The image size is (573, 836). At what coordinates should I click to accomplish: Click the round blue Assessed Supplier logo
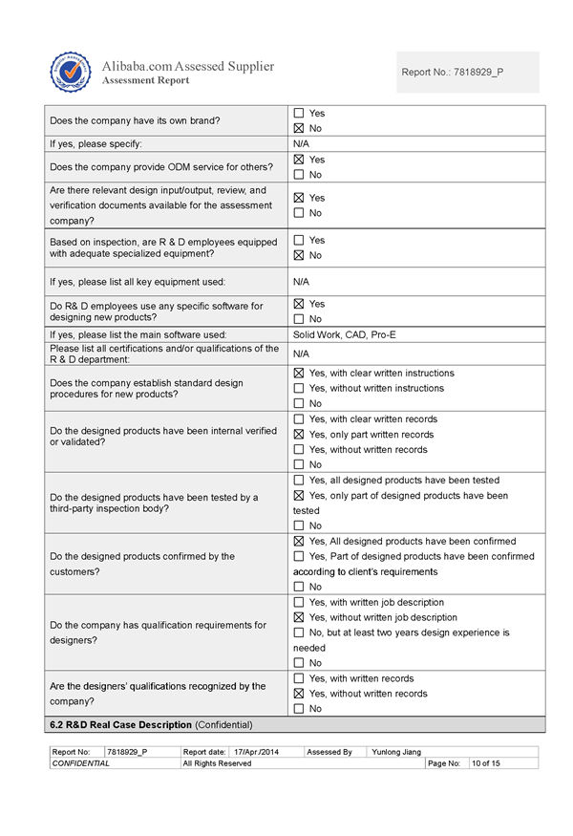click(71, 72)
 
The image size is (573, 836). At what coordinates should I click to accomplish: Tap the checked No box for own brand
click(299, 128)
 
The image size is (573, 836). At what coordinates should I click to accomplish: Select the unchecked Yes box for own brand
click(299, 113)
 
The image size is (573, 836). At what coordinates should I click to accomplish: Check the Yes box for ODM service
click(299, 160)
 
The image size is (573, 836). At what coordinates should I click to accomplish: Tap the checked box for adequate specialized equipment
click(299, 255)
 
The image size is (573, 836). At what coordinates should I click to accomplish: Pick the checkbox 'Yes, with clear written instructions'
click(299, 373)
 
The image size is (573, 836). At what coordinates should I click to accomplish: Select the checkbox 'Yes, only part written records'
click(299, 434)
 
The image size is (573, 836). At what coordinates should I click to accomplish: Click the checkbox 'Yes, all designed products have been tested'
click(299, 480)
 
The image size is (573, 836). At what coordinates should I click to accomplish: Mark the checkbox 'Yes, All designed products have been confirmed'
click(299, 541)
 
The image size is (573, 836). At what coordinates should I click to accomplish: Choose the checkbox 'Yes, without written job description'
click(299, 617)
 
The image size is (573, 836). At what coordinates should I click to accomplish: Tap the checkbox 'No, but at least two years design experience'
click(299, 632)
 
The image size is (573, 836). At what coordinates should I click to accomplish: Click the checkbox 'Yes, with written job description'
click(299, 602)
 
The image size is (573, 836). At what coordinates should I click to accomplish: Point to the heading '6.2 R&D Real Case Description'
click(150, 724)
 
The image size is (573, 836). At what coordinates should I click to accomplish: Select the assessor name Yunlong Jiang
click(396, 752)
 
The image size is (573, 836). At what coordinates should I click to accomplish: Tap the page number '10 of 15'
click(485, 763)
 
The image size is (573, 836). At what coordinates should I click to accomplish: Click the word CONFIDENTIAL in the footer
click(81, 763)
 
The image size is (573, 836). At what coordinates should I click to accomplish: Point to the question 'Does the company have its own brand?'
click(134, 120)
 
